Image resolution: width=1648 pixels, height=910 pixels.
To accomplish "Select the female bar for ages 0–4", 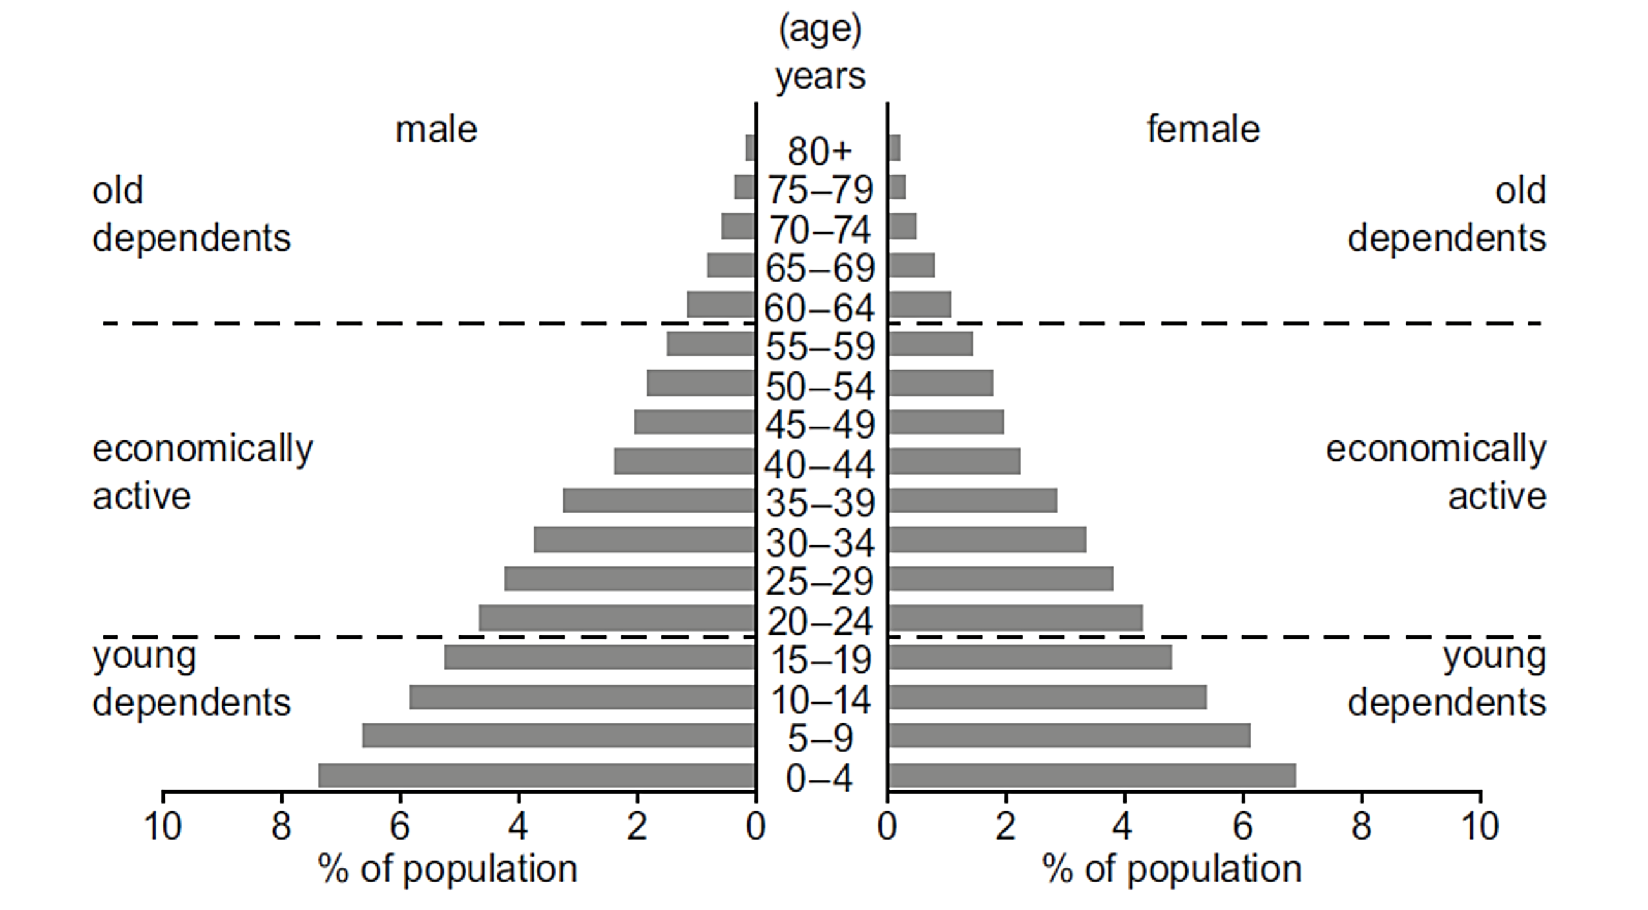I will coord(1092,775).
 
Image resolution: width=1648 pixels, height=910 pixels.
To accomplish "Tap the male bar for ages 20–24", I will coord(616,618).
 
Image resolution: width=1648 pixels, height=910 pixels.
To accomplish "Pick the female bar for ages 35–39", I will coord(973,500).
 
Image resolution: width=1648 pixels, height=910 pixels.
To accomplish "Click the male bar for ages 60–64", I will coord(721,304).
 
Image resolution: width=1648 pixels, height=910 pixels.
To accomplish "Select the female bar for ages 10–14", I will coord(1047,697).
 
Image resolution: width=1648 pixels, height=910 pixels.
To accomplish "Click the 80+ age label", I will coord(820,151).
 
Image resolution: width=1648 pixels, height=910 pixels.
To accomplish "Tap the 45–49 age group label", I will coord(820,425).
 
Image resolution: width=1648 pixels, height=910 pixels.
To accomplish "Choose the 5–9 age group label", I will coord(820,739).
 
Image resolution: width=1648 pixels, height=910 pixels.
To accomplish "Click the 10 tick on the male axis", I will coord(163,826).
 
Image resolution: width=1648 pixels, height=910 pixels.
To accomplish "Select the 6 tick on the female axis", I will coord(1242,826).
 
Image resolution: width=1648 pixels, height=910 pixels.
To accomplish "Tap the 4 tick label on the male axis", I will coord(518,826).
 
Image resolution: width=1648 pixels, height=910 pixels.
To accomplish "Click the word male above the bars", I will coord(435,130).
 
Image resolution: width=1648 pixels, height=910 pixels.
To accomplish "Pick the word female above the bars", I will coord(1202,130).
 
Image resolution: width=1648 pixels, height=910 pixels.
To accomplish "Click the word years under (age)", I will coord(820,77).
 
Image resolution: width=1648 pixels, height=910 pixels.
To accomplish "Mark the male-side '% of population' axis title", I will coord(447,869).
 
